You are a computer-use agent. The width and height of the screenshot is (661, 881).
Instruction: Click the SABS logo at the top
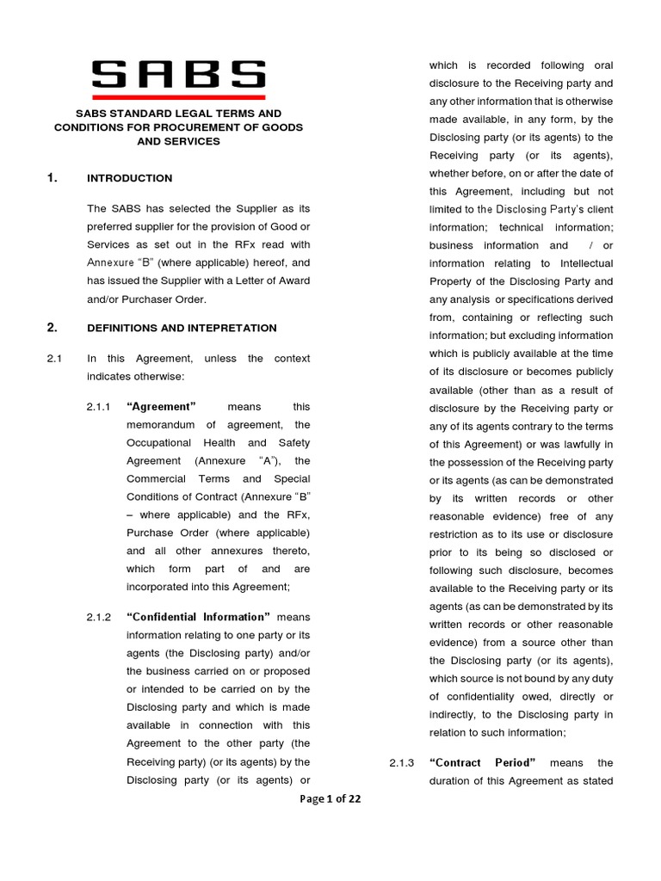(178, 74)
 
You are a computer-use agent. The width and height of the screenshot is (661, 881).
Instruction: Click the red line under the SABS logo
(178, 96)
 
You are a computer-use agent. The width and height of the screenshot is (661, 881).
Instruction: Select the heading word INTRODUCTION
(130, 178)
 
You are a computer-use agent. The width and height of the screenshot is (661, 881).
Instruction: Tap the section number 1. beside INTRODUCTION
(53, 178)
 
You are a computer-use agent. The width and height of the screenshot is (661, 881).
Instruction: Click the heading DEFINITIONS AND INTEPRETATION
(182, 328)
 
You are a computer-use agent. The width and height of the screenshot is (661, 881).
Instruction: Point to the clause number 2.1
(54, 359)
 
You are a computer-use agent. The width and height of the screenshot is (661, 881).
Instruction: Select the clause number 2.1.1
(99, 407)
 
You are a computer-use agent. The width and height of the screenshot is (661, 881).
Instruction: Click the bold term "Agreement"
(162, 407)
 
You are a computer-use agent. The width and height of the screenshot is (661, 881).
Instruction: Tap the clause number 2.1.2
(99, 617)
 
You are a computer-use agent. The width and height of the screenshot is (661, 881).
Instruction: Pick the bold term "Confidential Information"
(199, 617)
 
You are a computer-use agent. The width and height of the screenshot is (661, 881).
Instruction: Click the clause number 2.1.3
(402, 763)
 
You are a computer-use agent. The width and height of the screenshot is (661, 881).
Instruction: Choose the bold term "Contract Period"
(483, 763)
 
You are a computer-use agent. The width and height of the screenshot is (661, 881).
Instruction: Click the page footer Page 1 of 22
(330, 799)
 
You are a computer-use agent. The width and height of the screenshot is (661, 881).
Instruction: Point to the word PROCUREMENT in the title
(217, 127)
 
